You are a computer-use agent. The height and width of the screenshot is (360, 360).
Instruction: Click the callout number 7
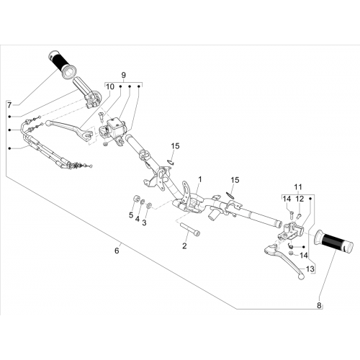click(x=9, y=105)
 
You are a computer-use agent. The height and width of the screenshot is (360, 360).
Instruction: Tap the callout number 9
click(x=123, y=75)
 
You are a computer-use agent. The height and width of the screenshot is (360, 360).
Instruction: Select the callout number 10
click(x=110, y=86)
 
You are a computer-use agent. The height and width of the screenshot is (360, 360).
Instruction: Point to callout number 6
click(x=117, y=251)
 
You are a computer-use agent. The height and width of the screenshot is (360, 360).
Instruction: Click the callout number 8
click(x=319, y=305)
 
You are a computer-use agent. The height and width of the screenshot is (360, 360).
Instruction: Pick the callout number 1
click(x=200, y=179)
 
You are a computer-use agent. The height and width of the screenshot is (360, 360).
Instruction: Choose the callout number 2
click(x=184, y=246)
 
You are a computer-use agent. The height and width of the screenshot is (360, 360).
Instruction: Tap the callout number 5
click(x=131, y=215)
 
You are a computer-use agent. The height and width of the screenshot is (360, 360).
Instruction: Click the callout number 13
click(x=310, y=269)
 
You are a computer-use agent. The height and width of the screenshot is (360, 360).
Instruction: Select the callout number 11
click(x=298, y=186)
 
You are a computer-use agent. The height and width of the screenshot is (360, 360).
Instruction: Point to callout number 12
click(x=300, y=199)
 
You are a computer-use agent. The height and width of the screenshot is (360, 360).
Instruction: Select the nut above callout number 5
click(x=137, y=199)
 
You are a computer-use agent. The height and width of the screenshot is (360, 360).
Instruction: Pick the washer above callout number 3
click(x=149, y=205)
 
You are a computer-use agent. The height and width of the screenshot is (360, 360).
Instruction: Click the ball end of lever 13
click(x=301, y=276)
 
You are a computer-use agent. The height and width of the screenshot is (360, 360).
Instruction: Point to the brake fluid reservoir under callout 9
click(x=116, y=125)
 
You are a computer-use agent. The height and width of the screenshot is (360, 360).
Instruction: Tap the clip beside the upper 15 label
click(x=171, y=162)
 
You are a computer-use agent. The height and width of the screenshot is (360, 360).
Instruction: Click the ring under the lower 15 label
click(x=230, y=194)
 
